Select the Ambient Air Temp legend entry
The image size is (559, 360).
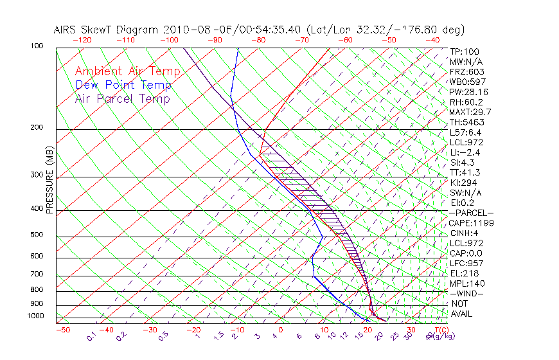[x=127, y=71]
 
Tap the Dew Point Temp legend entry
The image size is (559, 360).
[x=123, y=85]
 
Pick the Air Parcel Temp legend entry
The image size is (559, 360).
[x=122, y=98]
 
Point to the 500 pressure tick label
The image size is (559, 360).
[x=37, y=236]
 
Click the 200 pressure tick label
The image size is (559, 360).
[x=37, y=128]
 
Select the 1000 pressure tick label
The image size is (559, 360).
[x=35, y=316]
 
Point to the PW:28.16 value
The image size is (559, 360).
[x=468, y=92]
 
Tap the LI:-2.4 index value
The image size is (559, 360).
[x=465, y=152]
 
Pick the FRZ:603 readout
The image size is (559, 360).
[x=466, y=72]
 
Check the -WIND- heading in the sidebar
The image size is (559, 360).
[x=467, y=293]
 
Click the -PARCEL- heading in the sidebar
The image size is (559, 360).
[x=471, y=213]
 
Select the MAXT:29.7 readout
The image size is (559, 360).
[x=470, y=113]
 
